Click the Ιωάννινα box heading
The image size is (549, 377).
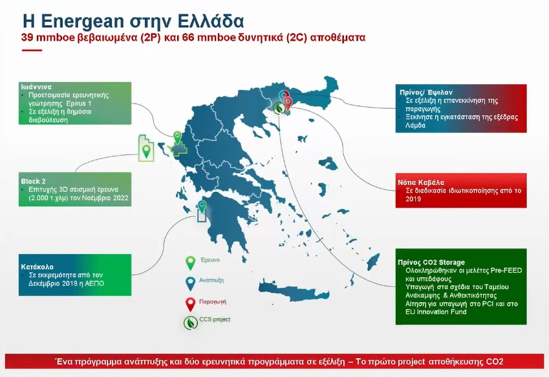point(36,87)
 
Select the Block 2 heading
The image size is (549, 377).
point(33,181)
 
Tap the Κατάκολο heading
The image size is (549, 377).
point(37,266)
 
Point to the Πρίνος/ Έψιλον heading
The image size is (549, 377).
point(425,92)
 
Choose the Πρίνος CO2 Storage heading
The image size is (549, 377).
point(431,262)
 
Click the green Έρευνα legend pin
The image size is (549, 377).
point(190,263)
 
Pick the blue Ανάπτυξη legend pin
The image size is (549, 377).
point(190,283)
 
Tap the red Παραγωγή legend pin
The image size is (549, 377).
point(190,304)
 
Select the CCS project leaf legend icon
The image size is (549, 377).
point(191,323)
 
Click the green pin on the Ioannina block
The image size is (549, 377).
point(178,137)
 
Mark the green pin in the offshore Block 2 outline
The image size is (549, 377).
point(146,151)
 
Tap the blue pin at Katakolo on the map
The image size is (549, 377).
point(202,206)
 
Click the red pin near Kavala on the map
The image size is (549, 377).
point(288,103)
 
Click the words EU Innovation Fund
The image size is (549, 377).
point(436,312)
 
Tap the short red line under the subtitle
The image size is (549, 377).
point(32,50)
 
